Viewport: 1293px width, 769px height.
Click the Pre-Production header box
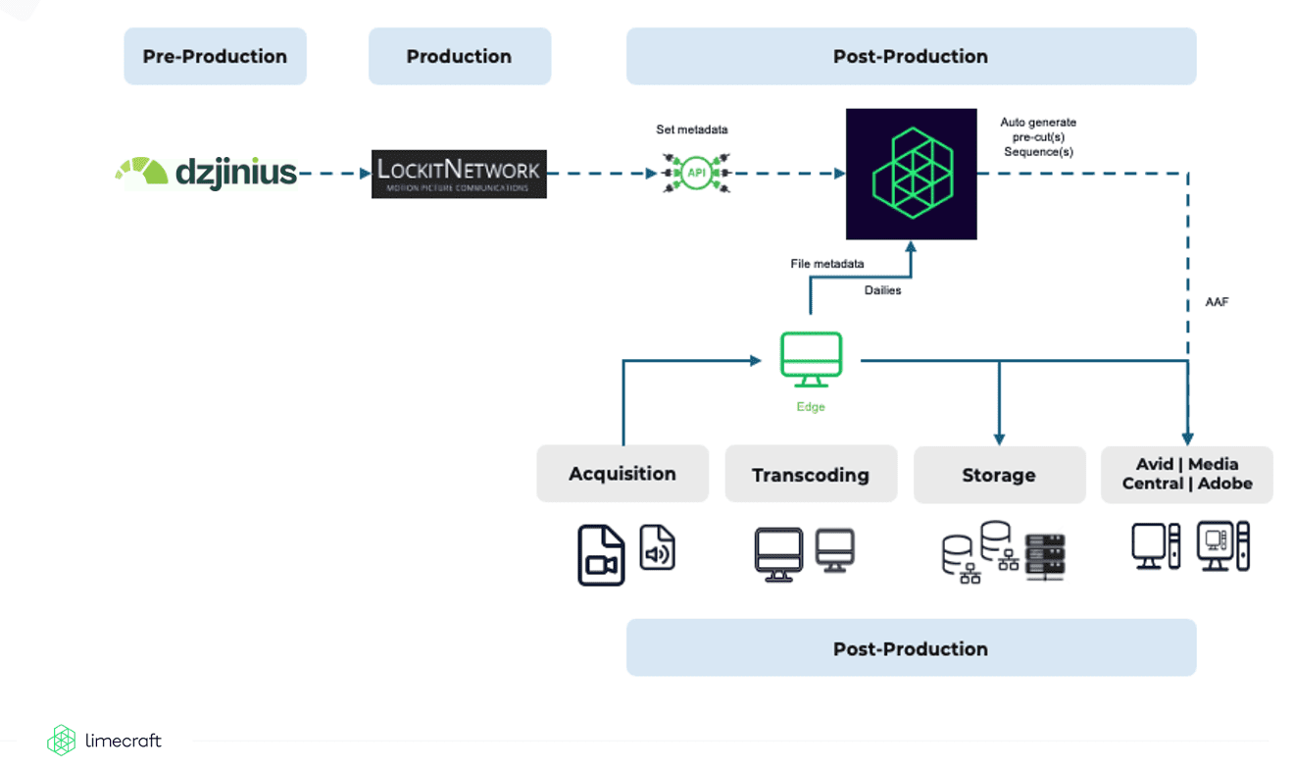point(215,56)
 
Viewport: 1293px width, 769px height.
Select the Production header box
point(459,56)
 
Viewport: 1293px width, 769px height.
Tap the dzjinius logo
point(207,173)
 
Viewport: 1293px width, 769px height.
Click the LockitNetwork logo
point(459,174)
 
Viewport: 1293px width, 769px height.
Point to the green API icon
point(695,173)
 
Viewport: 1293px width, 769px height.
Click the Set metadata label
point(692,129)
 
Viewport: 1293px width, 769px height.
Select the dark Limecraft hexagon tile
point(912,174)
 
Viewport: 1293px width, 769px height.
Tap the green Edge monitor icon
point(811,359)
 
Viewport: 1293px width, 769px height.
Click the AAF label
point(1217,302)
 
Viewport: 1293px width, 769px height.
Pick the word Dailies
point(883,290)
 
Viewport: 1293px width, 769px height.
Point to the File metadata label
point(827,264)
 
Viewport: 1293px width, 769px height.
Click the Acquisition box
point(622,474)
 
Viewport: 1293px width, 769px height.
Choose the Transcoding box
point(811,475)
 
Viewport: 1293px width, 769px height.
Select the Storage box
point(999,475)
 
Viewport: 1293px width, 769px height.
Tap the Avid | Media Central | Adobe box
point(1187,474)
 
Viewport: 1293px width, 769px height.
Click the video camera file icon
point(601,555)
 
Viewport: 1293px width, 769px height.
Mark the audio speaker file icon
point(658,547)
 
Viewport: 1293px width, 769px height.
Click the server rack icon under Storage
point(1044,555)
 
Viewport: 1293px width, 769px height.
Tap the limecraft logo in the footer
point(105,741)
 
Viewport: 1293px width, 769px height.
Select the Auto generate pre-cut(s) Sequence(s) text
point(1038,137)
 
